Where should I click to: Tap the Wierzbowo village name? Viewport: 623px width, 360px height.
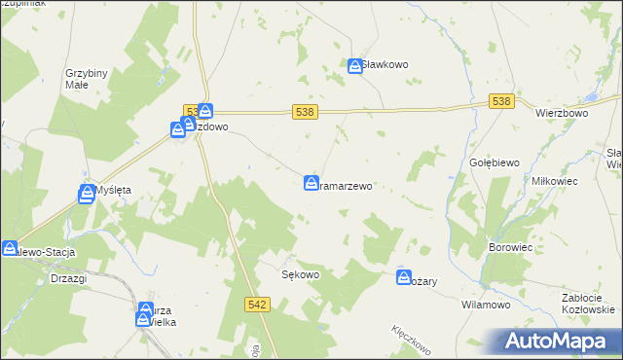563,113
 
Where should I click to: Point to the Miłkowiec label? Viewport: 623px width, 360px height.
555,182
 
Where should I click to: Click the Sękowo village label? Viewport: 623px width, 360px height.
301,274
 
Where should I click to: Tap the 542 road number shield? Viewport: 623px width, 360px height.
257,305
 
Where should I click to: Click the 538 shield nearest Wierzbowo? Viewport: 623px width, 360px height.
501,101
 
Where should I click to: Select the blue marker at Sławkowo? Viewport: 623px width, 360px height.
355,65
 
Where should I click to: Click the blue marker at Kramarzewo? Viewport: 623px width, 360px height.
311,182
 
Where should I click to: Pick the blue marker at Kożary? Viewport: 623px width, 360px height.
404,278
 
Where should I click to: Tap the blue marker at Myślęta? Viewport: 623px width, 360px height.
87,194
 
